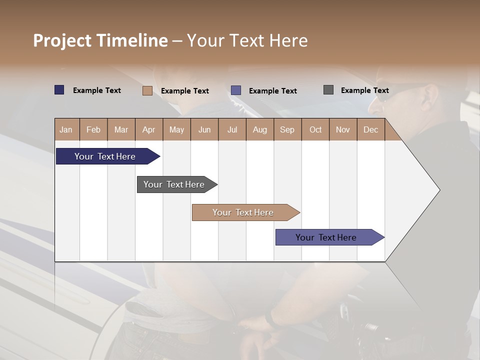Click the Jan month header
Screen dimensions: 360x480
tap(66, 129)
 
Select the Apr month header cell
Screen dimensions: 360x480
tap(149, 129)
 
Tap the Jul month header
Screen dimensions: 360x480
tap(232, 129)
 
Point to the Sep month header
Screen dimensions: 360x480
tap(287, 129)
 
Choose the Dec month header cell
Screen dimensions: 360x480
tap(370, 129)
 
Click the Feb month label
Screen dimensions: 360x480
tap(93, 129)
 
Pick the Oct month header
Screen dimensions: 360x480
tap(315, 129)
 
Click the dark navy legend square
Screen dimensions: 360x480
tap(59, 90)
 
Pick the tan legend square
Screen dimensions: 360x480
tap(147, 90)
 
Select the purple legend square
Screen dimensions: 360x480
tap(236, 90)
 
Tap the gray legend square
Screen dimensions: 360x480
tap(328, 90)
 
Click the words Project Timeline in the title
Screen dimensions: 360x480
tap(100, 40)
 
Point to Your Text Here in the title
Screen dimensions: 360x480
tap(247, 40)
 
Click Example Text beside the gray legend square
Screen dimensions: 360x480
tap(364, 90)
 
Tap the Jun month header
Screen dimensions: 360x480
tap(204, 129)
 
